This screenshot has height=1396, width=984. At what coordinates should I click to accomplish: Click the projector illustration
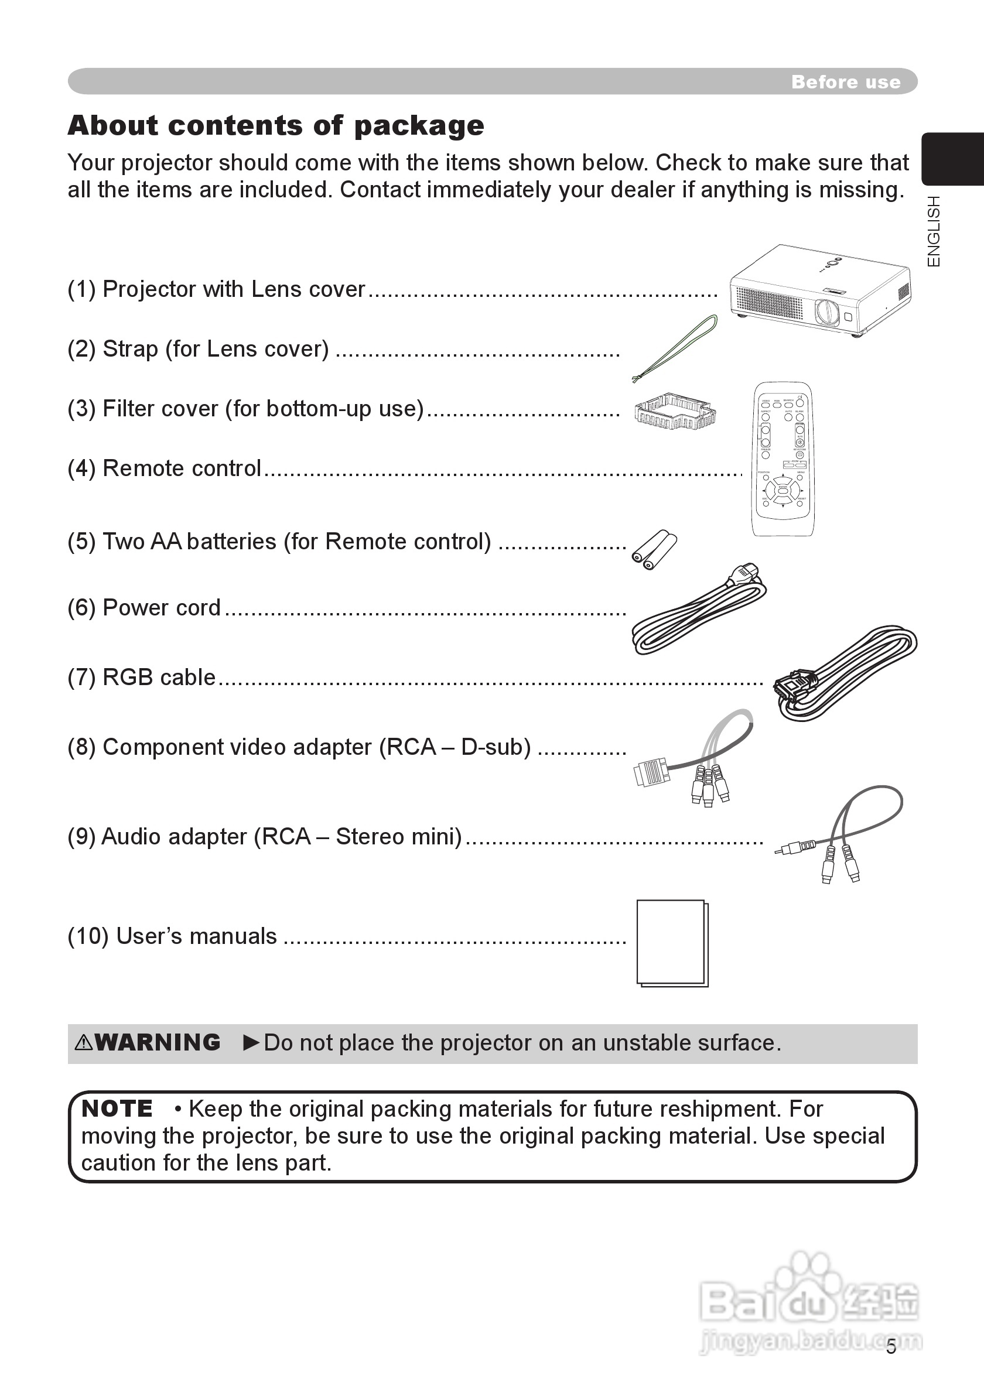pyautogui.click(x=821, y=290)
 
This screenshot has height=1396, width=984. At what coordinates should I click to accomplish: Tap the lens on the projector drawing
pyautogui.click(x=827, y=312)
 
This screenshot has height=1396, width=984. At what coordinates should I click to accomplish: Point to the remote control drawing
pyautogui.click(x=783, y=459)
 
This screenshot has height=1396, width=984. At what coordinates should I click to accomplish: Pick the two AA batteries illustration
pyautogui.click(x=654, y=549)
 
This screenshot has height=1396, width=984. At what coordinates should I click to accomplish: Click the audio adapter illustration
pyautogui.click(x=839, y=836)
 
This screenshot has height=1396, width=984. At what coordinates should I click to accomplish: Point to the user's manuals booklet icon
pyautogui.click(x=672, y=943)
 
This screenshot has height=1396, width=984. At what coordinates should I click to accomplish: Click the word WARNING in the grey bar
pyautogui.click(x=158, y=1042)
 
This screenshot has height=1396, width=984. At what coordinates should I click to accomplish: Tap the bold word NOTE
pyautogui.click(x=117, y=1108)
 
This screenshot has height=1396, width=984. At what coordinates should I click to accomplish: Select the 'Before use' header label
pyautogui.click(x=845, y=82)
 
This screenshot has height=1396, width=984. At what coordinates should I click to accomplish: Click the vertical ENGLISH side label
pyautogui.click(x=934, y=231)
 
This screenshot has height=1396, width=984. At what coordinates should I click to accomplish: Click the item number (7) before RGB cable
pyautogui.click(x=81, y=678)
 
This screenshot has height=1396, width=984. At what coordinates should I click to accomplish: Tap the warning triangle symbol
pyautogui.click(x=83, y=1043)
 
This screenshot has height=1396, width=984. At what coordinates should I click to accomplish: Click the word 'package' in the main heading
pyautogui.click(x=419, y=126)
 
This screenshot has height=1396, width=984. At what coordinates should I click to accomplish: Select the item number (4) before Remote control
pyautogui.click(x=81, y=469)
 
